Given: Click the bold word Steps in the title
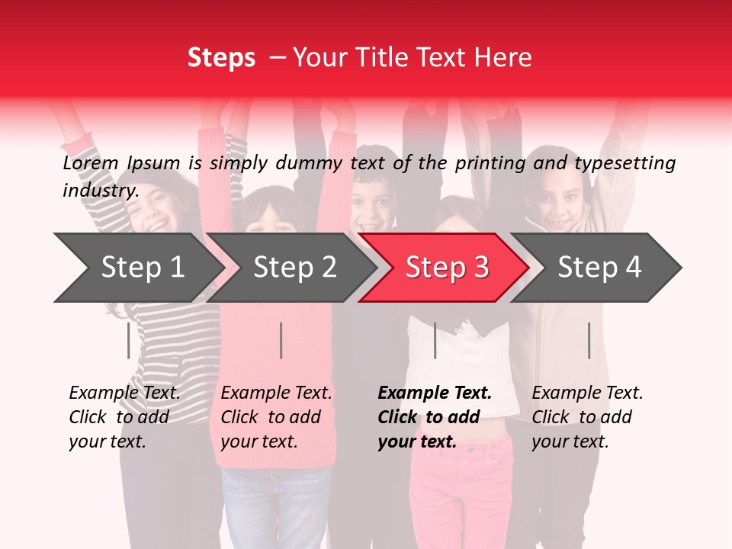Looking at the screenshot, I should (x=221, y=58).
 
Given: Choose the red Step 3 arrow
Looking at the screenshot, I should (x=447, y=268).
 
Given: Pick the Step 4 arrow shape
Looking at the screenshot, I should (x=599, y=268).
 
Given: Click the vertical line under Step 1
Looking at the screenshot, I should (x=128, y=340).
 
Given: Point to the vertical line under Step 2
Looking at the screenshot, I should (x=281, y=340).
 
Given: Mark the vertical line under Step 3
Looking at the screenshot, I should (x=435, y=340).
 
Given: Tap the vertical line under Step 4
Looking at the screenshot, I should (x=589, y=340).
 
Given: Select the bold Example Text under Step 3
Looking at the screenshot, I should (x=435, y=417).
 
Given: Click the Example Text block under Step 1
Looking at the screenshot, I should (x=124, y=417).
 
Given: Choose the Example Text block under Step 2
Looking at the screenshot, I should (x=276, y=417).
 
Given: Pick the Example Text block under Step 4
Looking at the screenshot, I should (x=587, y=417).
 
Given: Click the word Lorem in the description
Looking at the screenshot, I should (x=91, y=163).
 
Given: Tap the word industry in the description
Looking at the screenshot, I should (x=100, y=191).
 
